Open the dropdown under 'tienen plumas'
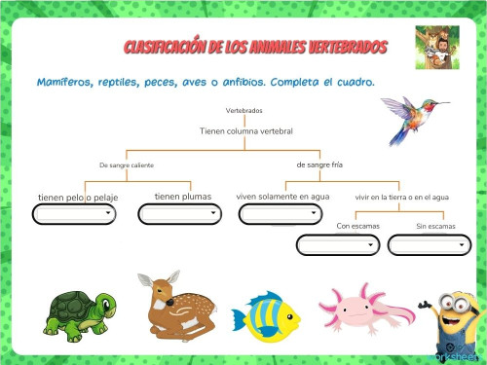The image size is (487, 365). (181, 214)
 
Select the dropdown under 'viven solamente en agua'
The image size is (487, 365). (281, 214)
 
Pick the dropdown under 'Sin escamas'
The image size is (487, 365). (429, 245)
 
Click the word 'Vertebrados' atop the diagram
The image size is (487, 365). (243, 111)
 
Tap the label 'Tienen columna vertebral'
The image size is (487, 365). (246, 130)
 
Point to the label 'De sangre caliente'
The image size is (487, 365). (127, 165)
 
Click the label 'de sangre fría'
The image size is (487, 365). (319, 164)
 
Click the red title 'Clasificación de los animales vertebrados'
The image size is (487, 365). (255, 48)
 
